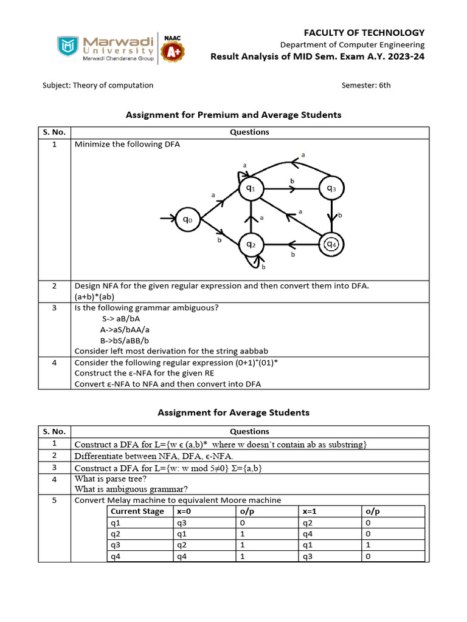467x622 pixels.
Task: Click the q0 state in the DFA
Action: click(x=187, y=220)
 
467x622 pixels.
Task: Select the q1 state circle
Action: click(x=250, y=189)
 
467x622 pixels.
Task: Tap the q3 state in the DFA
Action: click(x=331, y=189)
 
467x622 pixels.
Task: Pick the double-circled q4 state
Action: click(x=331, y=244)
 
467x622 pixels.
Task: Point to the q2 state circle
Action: click(x=250, y=244)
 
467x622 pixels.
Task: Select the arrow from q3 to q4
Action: click(x=331, y=216)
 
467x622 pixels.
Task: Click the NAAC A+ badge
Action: click(x=173, y=49)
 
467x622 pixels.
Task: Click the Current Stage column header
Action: click(x=137, y=511)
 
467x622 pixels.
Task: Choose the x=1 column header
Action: click(x=314, y=511)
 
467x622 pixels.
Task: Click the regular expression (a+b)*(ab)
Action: click(x=101, y=296)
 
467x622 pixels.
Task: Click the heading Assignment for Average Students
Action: click(x=233, y=412)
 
